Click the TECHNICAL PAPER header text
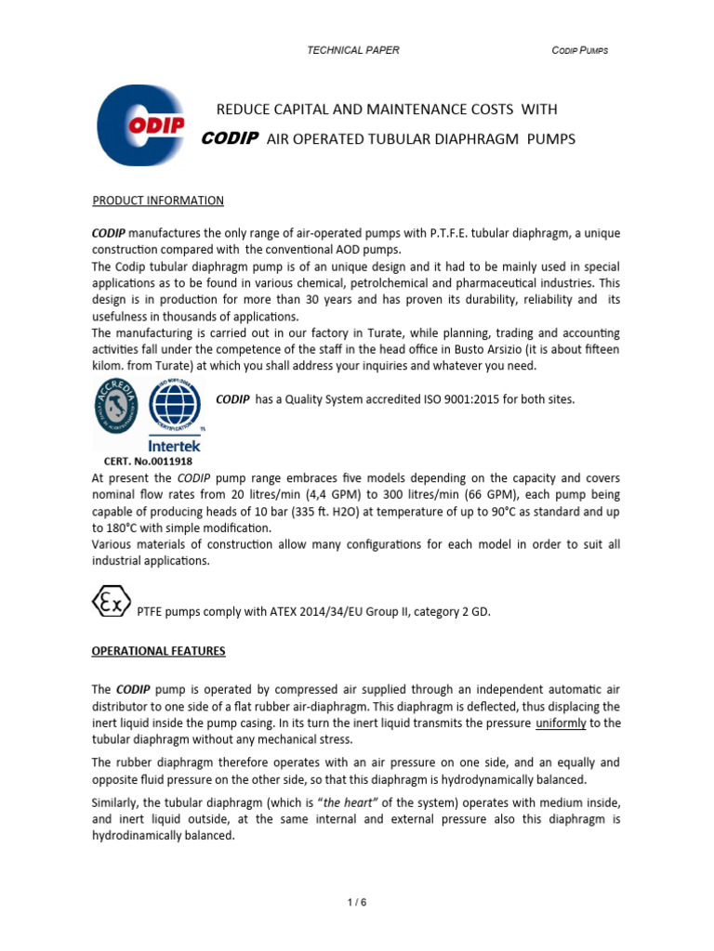pos(352,50)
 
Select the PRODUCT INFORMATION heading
pos(157,201)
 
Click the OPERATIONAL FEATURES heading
pos(158,651)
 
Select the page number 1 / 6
pos(356,901)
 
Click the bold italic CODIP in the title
pos(230,139)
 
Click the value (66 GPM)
pos(487,494)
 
